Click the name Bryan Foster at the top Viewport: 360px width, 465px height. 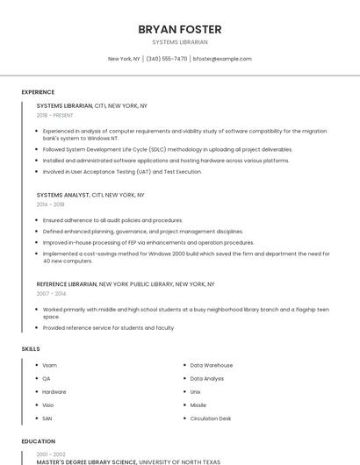coord(179,29)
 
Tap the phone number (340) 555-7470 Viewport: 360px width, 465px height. coord(166,59)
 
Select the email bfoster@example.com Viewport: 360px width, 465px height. coord(222,59)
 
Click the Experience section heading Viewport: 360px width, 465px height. coord(38,92)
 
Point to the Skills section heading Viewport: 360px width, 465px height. coord(31,349)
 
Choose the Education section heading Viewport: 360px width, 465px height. coord(38,441)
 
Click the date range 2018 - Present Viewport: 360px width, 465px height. coord(55,115)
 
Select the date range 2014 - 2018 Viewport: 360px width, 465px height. coord(51,204)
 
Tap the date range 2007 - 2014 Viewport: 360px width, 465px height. coord(51,294)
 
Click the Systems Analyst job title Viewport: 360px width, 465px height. coord(64,195)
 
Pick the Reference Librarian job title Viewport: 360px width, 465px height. coord(67,284)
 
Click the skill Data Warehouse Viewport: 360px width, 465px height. coord(212,365)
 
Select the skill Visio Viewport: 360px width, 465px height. coord(48,405)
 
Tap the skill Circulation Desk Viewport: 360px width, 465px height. coord(211,418)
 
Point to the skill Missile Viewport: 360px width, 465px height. coord(198,405)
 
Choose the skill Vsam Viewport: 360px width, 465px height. coord(49,365)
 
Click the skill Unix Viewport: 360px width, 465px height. coord(195,391)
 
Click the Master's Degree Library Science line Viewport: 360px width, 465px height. coord(86,461)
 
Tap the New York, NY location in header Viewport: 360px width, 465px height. coord(124,59)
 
